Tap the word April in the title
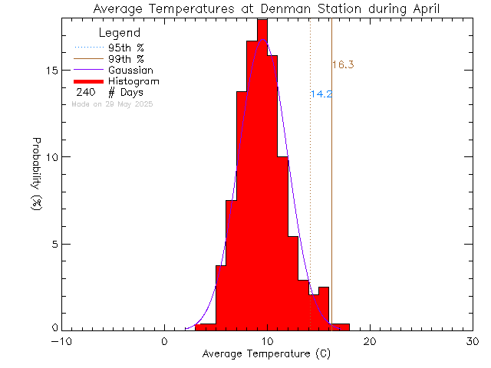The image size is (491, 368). (426, 8)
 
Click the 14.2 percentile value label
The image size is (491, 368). (321, 94)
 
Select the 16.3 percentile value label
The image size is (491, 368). (343, 65)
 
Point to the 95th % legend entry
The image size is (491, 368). (127, 48)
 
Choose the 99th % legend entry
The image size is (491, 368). (127, 58)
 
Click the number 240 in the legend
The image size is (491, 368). (85, 92)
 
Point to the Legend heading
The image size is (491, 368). (120, 33)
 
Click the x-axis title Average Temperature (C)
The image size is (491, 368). (265, 354)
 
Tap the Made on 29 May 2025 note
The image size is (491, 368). (112, 103)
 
